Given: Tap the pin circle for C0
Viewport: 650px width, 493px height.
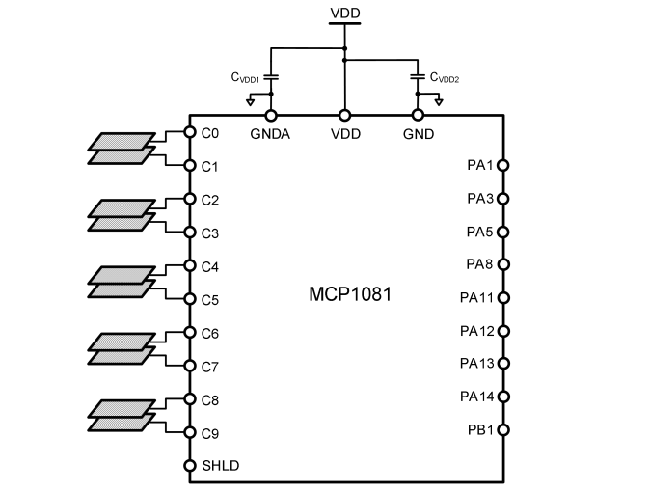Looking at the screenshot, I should (x=189, y=133).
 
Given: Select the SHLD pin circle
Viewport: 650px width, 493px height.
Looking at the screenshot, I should (x=189, y=466).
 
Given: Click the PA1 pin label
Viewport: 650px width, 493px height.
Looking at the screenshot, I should (x=479, y=166).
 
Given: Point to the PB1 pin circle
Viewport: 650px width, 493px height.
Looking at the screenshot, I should (x=502, y=430).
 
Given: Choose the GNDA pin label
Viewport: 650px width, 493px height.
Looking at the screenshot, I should (x=271, y=133).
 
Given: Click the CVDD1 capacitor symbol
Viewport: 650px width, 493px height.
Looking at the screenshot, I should (x=272, y=75).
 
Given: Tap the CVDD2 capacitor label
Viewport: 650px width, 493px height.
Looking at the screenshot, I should (x=445, y=77).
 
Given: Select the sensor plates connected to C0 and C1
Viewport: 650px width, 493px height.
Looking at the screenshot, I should (x=121, y=149).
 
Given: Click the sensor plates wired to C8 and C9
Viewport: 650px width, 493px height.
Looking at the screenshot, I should (x=121, y=415).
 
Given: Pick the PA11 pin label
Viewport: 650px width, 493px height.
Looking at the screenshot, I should (x=476, y=298).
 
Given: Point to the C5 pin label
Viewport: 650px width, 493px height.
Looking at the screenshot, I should (x=210, y=299).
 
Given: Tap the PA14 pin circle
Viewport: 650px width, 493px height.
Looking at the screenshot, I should (x=502, y=397).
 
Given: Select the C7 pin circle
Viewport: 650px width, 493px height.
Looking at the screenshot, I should (x=189, y=366).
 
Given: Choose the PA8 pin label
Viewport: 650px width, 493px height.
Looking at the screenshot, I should (x=479, y=264).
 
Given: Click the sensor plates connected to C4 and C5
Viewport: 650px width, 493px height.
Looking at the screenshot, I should (x=121, y=282).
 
